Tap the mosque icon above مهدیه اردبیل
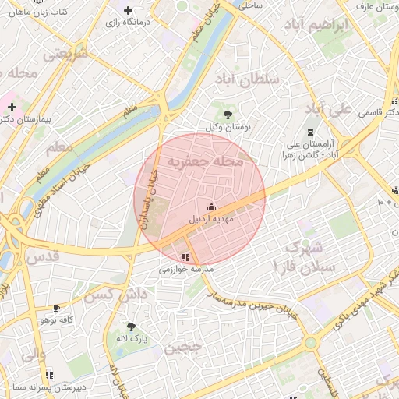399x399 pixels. (x=210, y=207)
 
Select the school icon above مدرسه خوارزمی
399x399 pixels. (x=185, y=257)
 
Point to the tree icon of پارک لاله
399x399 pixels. (x=131, y=327)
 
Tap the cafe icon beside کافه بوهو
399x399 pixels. (x=55, y=308)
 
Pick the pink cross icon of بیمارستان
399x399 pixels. (x=12, y=106)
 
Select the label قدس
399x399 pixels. (x=42, y=256)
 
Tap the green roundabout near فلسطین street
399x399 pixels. (x=311, y=342)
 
